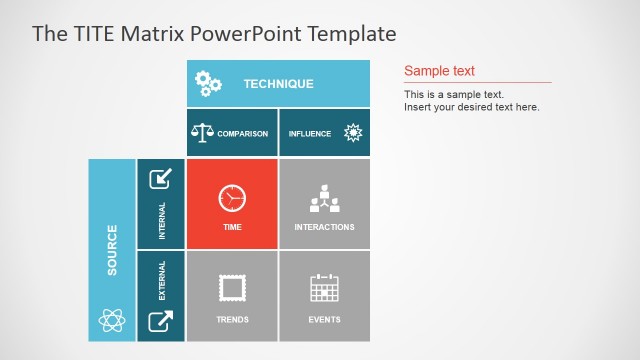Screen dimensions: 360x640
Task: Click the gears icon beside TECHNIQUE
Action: point(208,84)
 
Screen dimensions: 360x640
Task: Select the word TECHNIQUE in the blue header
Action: point(278,84)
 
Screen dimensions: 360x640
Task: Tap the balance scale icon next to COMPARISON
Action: point(202,132)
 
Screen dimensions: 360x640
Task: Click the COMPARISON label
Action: point(243,133)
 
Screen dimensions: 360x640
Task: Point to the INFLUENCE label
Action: point(310,133)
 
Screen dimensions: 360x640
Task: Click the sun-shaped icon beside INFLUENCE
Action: point(352,132)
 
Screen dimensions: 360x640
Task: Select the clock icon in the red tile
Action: point(232,197)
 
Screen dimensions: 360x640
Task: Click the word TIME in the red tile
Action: point(232,227)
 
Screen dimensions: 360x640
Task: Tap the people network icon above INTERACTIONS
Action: point(324,198)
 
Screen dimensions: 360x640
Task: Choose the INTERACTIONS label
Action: point(324,227)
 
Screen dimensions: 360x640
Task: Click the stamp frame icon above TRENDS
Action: point(232,289)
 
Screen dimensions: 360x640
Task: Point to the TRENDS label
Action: point(232,320)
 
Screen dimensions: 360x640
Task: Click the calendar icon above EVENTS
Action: point(324,289)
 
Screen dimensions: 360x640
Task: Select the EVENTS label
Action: point(324,320)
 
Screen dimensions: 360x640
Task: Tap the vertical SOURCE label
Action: point(112,250)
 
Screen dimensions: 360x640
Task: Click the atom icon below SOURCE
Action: point(112,320)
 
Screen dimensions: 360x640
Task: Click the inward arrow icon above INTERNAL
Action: point(160,179)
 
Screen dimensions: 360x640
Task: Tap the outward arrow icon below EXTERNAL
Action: point(160,321)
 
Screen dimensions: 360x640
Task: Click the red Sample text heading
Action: point(439,71)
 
